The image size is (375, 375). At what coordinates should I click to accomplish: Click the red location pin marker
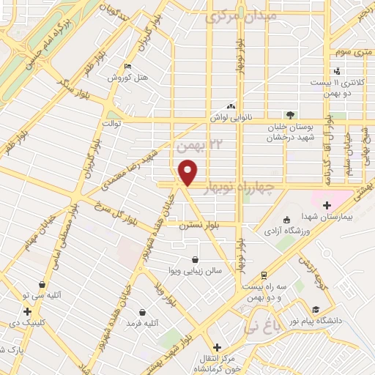pos(190,172)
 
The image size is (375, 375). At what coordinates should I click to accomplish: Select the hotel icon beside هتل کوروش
pos(128,67)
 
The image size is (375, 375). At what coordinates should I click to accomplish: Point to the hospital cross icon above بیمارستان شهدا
pos(327,206)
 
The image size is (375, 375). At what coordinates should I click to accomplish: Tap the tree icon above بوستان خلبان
pos(291,115)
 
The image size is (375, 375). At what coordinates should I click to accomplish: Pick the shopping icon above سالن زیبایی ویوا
pos(195,259)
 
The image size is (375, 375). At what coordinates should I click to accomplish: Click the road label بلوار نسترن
pos(201,227)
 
